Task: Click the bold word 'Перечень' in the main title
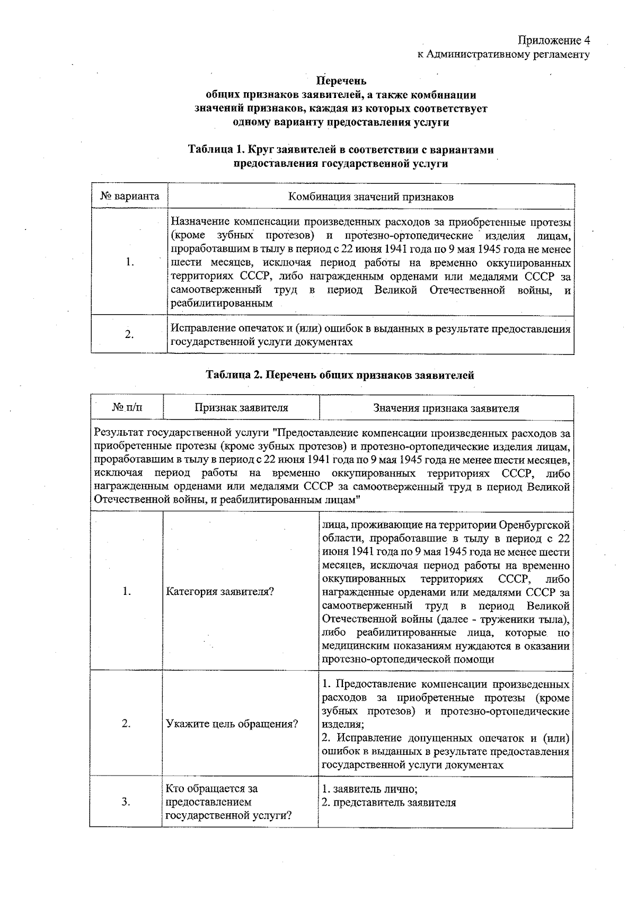(341, 81)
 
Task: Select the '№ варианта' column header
(129, 197)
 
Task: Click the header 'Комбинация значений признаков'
(370, 197)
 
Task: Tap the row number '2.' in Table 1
(129, 335)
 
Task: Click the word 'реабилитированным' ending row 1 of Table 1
(222, 304)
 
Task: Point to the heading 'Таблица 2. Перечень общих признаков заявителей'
(340, 376)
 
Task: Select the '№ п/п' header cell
(127, 408)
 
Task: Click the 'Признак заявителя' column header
(241, 408)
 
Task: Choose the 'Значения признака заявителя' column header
(446, 408)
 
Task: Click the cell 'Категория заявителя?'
(220, 592)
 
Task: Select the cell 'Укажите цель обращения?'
(232, 724)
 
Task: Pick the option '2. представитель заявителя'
(388, 802)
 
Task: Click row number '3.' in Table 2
(126, 802)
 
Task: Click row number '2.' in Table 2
(126, 724)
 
